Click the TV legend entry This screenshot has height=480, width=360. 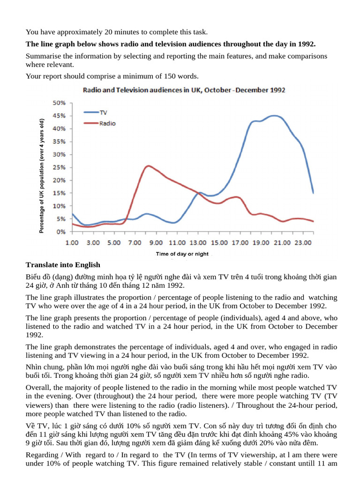[x=96, y=112]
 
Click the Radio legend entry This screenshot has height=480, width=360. [x=99, y=123]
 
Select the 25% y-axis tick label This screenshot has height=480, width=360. [x=59, y=167]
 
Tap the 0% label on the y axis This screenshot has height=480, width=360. [x=61, y=232]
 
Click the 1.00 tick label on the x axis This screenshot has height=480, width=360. [x=72, y=243]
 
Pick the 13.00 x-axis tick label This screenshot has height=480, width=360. [x=198, y=243]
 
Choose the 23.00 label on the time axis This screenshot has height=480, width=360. [x=303, y=243]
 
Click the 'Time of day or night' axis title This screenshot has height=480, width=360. [x=182, y=254]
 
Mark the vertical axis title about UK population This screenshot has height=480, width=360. [x=42, y=176]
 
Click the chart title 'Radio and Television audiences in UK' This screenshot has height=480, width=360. [x=184, y=90]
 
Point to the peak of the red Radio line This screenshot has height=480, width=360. [x=148, y=166]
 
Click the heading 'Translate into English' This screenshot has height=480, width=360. [x=63, y=265]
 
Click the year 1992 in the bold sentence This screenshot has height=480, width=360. [x=307, y=44]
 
